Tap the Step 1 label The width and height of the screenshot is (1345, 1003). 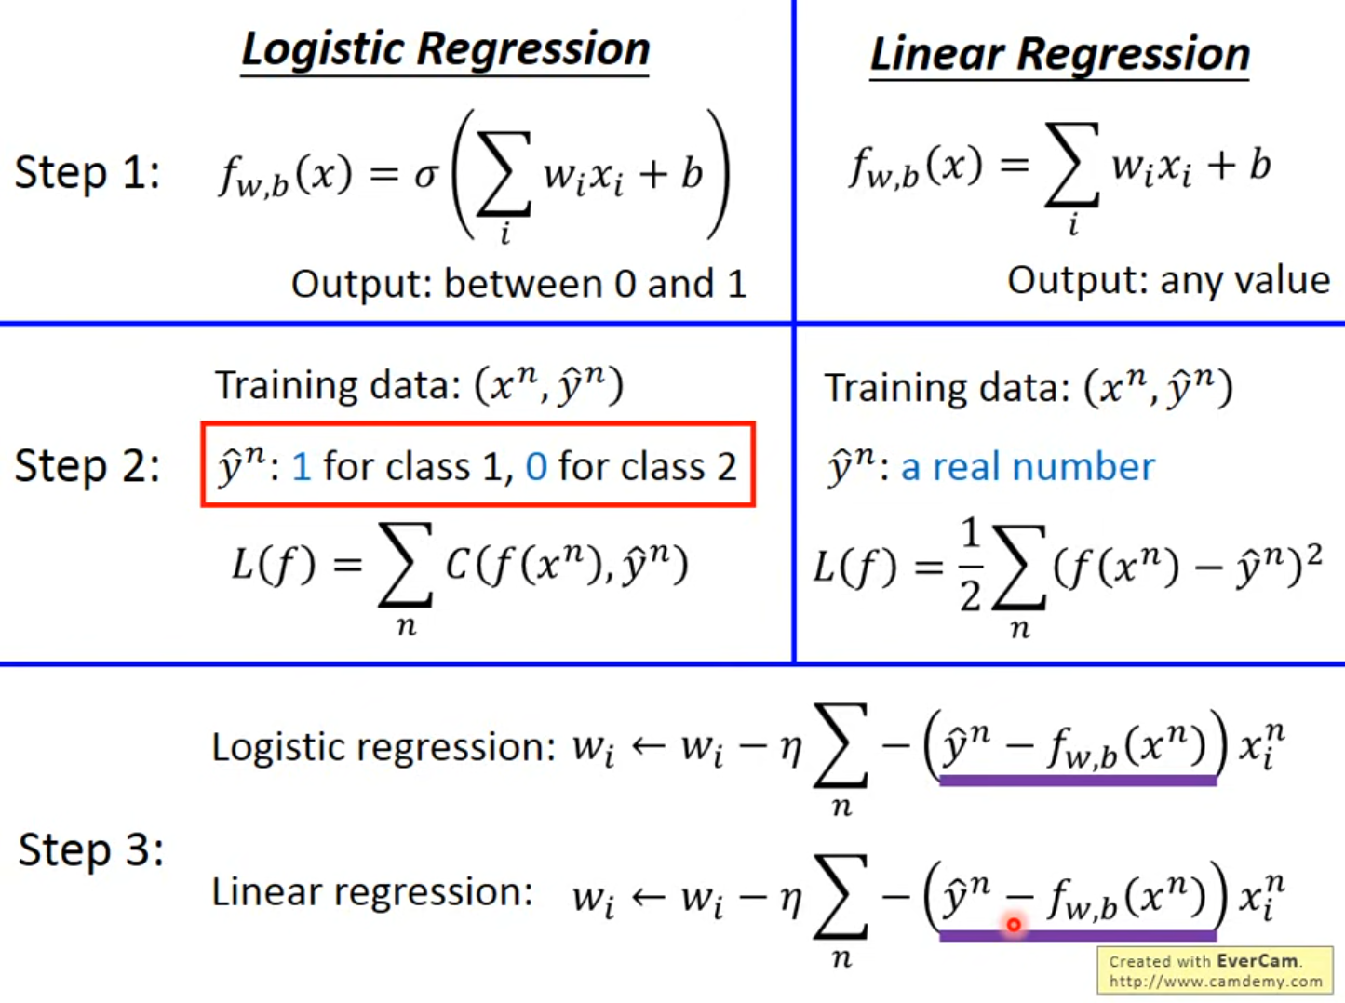click(87, 173)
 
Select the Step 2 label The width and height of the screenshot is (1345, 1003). click(87, 466)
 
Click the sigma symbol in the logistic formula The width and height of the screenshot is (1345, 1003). click(425, 175)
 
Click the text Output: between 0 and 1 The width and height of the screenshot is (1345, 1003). click(518, 284)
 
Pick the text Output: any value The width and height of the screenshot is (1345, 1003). click(1168, 280)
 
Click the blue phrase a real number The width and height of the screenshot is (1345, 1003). click(1028, 466)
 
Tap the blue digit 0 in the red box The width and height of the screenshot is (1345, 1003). click(536, 466)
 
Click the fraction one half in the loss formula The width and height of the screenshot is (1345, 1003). click(971, 565)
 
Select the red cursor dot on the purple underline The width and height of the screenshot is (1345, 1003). click(1014, 925)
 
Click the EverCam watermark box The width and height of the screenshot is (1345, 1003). click(1215, 970)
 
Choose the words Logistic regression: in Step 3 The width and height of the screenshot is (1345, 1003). click(383, 747)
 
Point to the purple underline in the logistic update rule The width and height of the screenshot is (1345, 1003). click(1077, 781)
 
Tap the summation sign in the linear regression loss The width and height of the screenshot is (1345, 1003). click(1019, 567)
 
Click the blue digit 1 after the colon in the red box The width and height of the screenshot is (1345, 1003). click(302, 466)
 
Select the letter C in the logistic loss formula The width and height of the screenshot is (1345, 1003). click(457, 564)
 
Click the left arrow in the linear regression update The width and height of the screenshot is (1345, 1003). click(648, 897)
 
